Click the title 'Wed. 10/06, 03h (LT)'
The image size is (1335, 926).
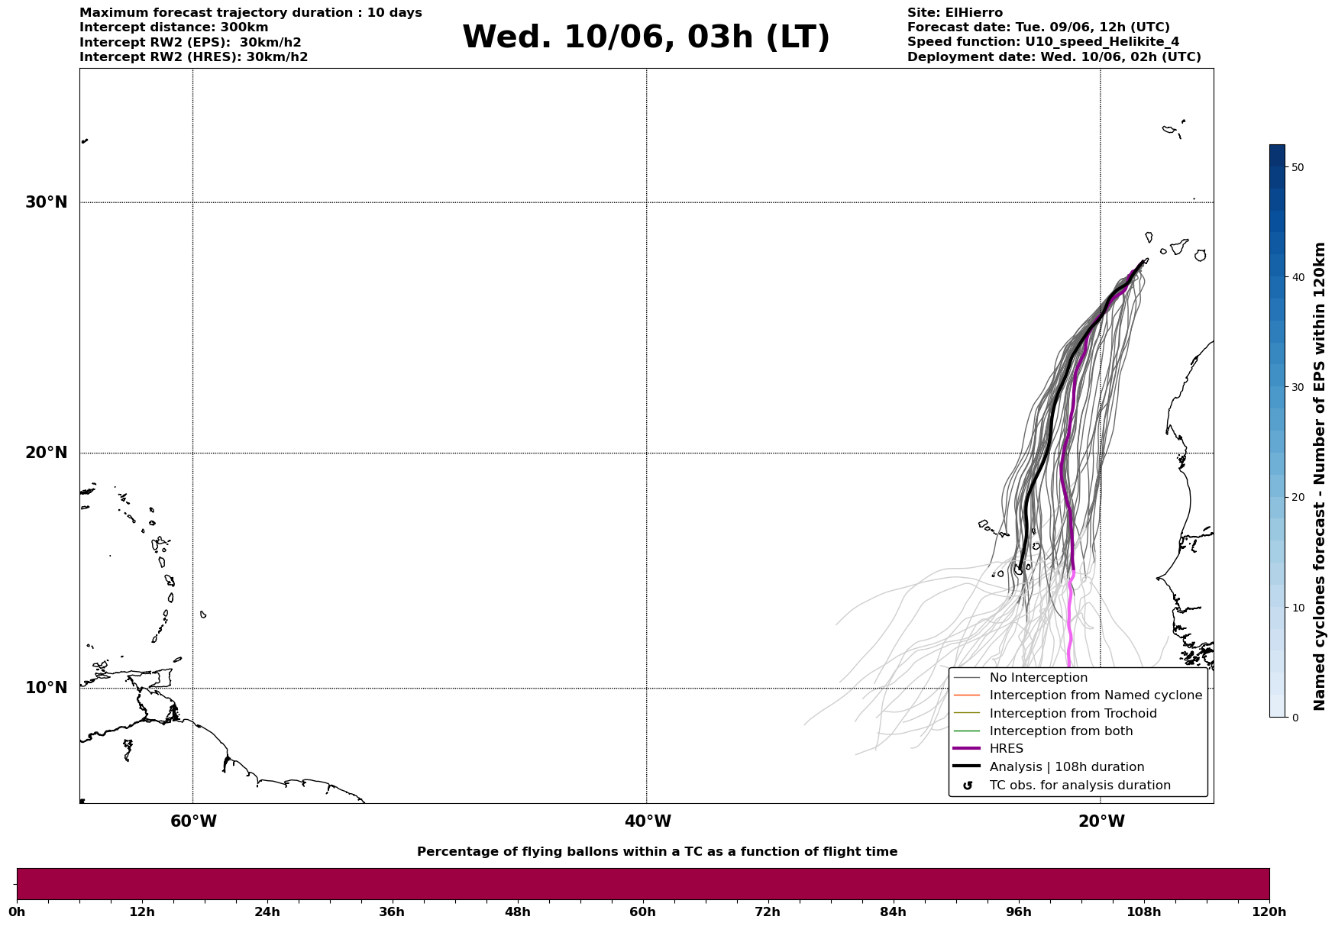(x=645, y=37)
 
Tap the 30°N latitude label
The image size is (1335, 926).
(x=46, y=202)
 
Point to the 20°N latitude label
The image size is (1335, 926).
(x=46, y=453)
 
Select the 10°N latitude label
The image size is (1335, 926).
(x=46, y=688)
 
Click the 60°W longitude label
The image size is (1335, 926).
(x=193, y=821)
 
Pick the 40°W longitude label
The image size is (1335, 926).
(x=648, y=821)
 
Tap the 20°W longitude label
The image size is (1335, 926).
(x=1101, y=821)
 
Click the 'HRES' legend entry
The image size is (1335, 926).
(x=1006, y=749)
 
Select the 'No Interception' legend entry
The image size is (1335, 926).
(x=1038, y=678)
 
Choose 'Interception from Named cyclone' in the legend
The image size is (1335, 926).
(x=1095, y=695)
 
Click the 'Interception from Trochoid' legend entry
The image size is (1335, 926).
(x=1072, y=714)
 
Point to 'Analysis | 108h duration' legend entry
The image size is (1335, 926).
(x=1066, y=767)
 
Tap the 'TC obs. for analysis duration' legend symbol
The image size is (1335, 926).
(x=968, y=786)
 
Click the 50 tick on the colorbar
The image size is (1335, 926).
(x=1297, y=167)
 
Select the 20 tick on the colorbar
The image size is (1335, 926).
(x=1297, y=498)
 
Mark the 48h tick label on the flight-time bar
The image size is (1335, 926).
(x=517, y=912)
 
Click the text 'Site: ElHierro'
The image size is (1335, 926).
(x=955, y=13)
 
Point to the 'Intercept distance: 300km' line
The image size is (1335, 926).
(x=174, y=27)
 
